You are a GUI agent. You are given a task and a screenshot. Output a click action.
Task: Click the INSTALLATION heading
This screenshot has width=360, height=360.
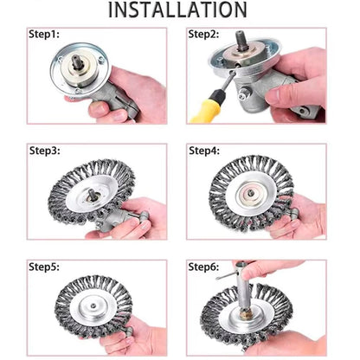click(x=177, y=10)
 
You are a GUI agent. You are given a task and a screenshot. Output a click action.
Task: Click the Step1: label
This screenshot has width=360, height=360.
click(x=44, y=35)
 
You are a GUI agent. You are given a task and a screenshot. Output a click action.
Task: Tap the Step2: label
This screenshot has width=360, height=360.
click(x=203, y=35)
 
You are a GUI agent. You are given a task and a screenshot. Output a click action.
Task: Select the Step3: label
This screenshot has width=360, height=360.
click(x=45, y=151)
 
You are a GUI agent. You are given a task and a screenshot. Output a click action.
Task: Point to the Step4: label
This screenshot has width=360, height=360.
click(x=204, y=151)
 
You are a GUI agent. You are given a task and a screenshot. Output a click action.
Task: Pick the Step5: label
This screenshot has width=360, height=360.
click(x=44, y=267)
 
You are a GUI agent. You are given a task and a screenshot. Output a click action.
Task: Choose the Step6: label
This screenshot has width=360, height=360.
click(x=203, y=267)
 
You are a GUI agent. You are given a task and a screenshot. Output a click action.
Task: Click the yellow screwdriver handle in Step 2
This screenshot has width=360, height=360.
click(x=207, y=106)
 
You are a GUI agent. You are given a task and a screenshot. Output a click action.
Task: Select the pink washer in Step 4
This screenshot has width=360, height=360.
click(x=250, y=193)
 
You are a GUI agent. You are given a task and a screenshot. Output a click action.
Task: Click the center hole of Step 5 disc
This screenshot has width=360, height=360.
click(x=93, y=305)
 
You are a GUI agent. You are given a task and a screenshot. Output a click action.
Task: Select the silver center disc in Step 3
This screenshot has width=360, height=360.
click(x=92, y=194)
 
